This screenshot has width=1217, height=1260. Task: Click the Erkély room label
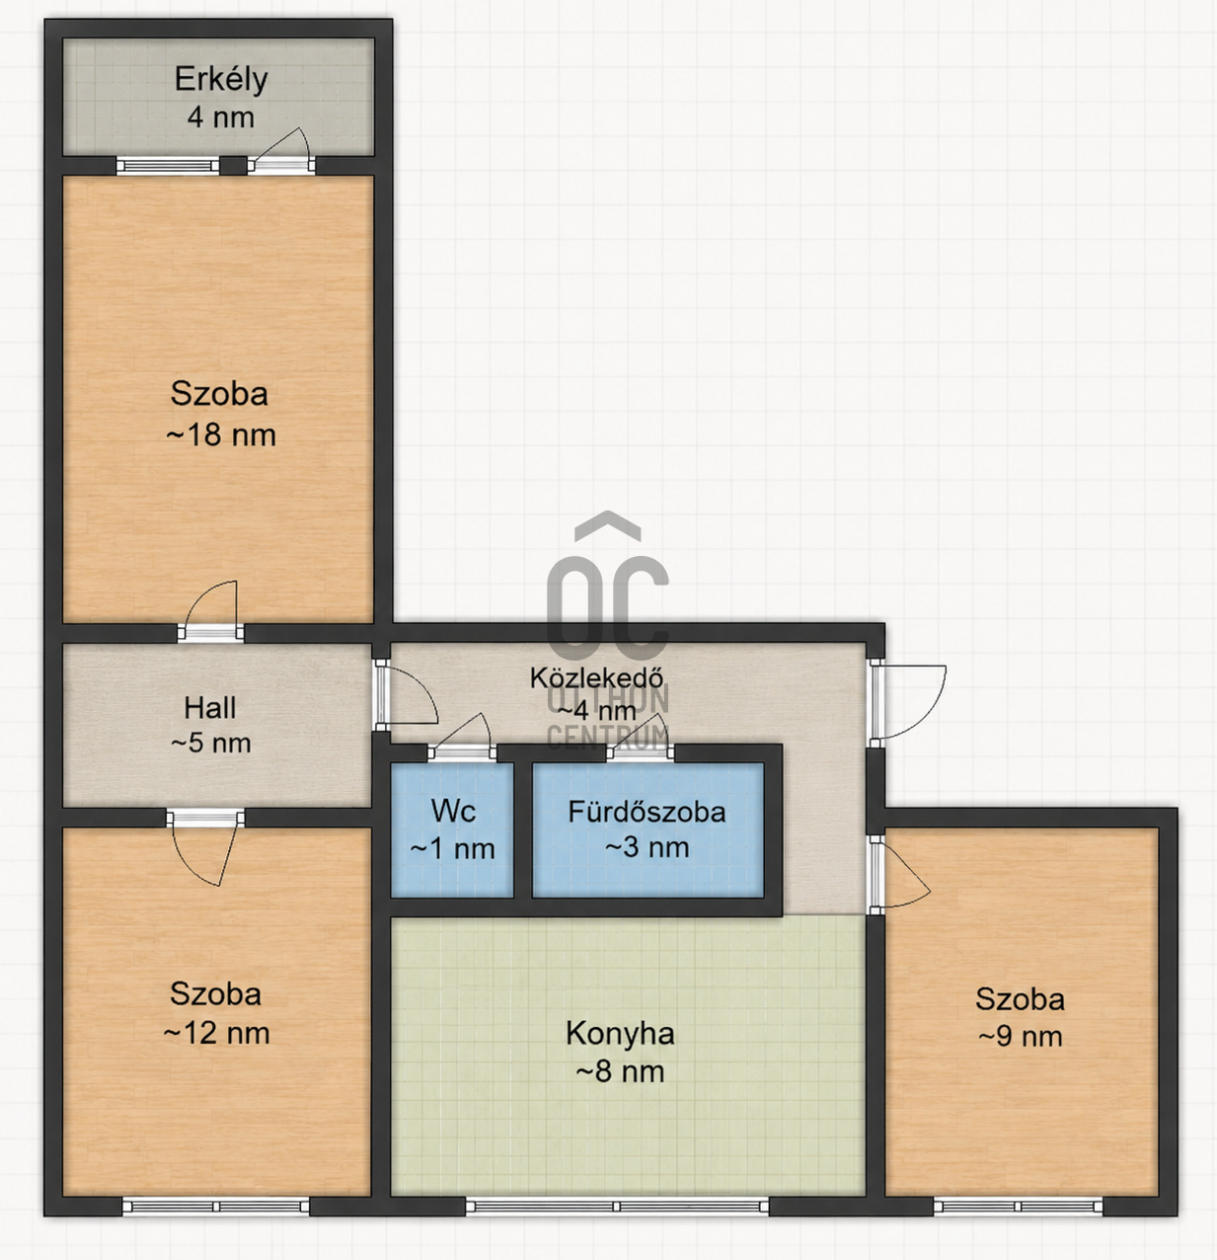pyautogui.click(x=221, y=80)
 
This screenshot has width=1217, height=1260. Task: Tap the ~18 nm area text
pyautogui.click(x=221, y=434)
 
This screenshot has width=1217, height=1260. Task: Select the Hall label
pyautogui.click(x=209, y=708)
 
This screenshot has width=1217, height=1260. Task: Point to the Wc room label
pyautogui.click(x=453, y=811)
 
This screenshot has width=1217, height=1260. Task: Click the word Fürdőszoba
pyautogui.click(x=647, y=812)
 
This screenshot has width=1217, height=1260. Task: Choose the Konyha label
pyautogui.click(x=620, y=1034)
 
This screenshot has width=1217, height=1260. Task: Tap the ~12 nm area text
pyautogui.click(x=216, y=1033)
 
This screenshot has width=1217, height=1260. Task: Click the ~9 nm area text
pyautogui.click(x=1021, y=1037)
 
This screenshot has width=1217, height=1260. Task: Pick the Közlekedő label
pyautogui.click(x=596, y=678)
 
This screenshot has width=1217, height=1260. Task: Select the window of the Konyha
pyautogui.click(x=617, y=1207)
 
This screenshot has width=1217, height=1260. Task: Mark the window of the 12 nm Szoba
pyautogui.click(x=216, y=1207)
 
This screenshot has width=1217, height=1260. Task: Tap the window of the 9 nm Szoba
pyautogui.click(x=1019, y=1207)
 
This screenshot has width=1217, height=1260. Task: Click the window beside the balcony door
pyautogui.click(x=168, y=165)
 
